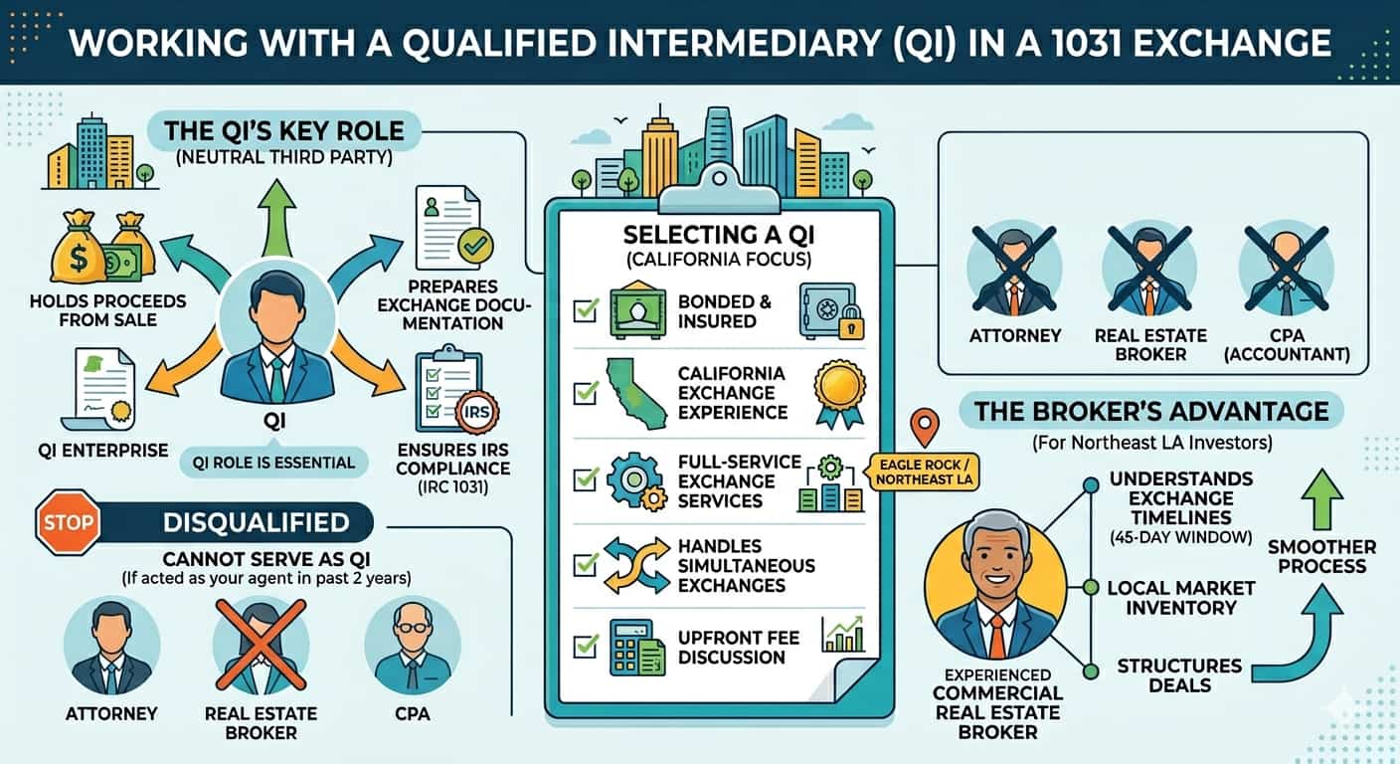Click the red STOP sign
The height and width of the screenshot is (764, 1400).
click(x=69, y=522)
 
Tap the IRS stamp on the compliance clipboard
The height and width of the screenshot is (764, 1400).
click(x=476, y=413)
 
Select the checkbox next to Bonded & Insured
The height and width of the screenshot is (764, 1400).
click(x=586, y=310)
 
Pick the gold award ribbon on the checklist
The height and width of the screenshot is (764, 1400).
click(x=839, y=394)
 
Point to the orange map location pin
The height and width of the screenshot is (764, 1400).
click(x=925, y=427)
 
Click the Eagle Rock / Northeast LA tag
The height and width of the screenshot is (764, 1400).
click(x=924, y=473)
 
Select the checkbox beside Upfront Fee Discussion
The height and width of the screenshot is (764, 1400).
click(x=586, y=646)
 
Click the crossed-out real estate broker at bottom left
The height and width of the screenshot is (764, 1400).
click(x=261, y=647)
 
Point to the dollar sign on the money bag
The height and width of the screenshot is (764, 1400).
click(x=79, y=258)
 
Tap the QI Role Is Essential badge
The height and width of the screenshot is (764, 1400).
click(x=273, y=463)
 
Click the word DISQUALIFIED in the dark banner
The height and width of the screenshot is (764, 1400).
click(x=257, y=522)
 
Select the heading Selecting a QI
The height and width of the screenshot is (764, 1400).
click(x=719, y=235)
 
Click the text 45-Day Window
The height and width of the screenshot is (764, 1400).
click(x=1181, y=537)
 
